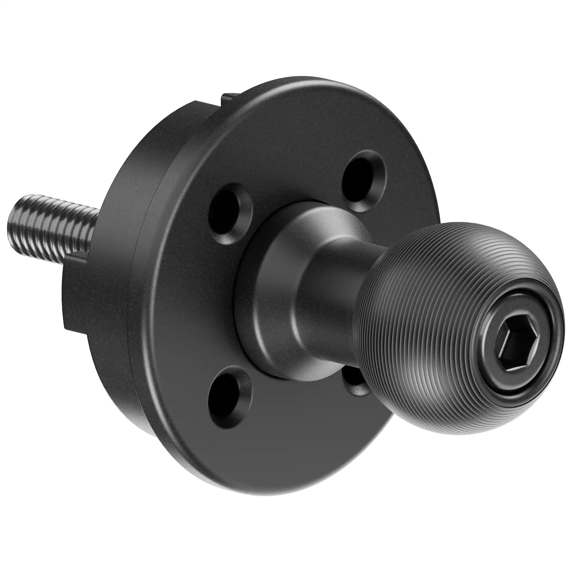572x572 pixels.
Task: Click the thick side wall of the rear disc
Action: click(x=124, y=326)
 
